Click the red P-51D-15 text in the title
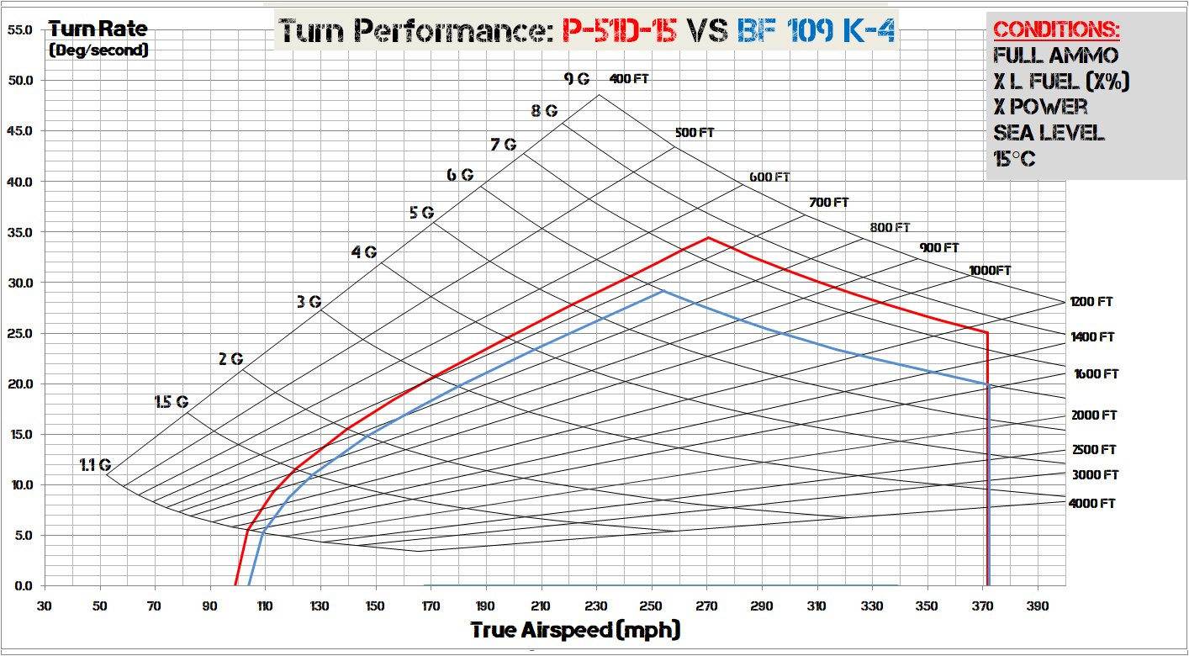point(619,31)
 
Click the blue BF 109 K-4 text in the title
point(816,31)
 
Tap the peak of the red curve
point(708,237)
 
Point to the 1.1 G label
point(95,464)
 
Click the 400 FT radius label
point(629,79)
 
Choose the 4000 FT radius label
point(1091,503)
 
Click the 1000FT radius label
point(990,270)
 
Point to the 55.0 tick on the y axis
point(18,30)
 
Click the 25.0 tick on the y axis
point(18,334)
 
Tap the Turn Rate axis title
point(98,29)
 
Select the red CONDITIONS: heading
point(1056,30)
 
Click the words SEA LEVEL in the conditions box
point(1049,133)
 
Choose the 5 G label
point(421,212)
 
